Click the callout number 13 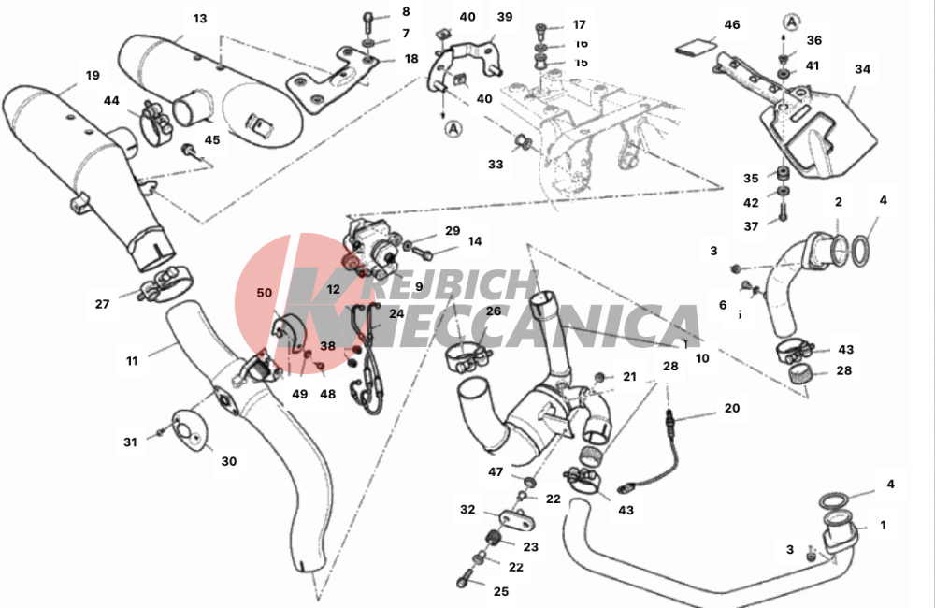(199, 19)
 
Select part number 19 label (92, 76)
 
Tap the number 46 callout (731, 23)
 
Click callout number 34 (862, 69)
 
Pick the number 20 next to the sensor (730, 408)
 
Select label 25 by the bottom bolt (501, 591)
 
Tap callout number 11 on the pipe (132, 359)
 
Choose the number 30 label (229, 461)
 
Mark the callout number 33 (495, 165)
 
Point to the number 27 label (102, 303)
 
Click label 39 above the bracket (504, 17)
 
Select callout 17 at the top (580, 25)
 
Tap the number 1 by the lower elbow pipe (883, 526)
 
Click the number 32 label (468, 511)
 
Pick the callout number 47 (495, 472)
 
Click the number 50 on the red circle (265, 293)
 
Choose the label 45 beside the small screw (212, 140)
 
